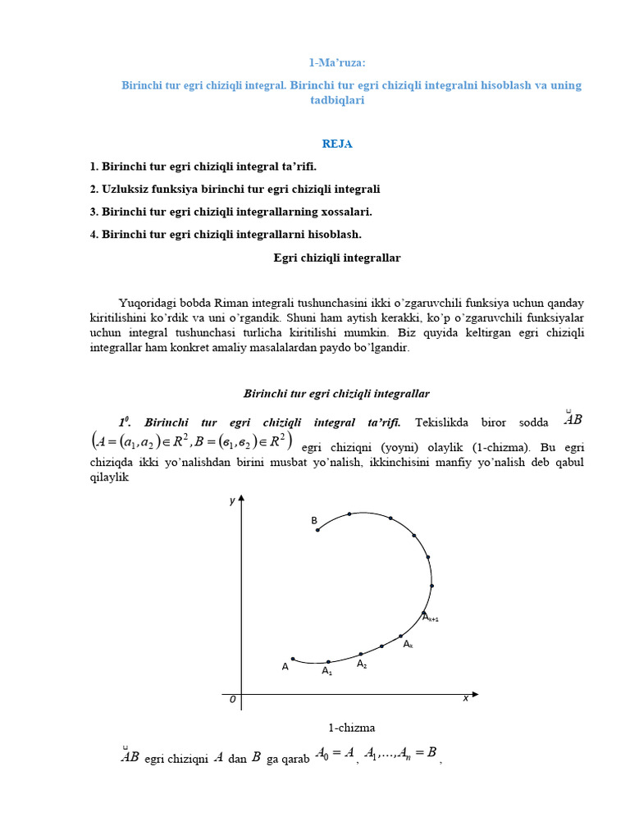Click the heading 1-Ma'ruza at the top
tap(337, 63)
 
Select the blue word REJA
tap(337, 144)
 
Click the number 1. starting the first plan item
tap(94, 167)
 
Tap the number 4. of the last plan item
tap(94, 235)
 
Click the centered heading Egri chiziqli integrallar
tap(337, 258)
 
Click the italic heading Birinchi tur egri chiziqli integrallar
tap(337, 394)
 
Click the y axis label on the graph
tap(232, 500)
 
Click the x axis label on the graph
tap(465, 698)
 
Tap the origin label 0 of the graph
tap(232, 700)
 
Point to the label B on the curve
tap(313, 521)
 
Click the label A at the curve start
tap(285, 667)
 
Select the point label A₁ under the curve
tap(326, 671)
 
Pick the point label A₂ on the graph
tap(362, 664)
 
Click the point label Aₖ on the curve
tap(408, 645)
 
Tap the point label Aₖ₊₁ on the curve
tap(430, 617)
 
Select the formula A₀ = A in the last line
tap(335, 752)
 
